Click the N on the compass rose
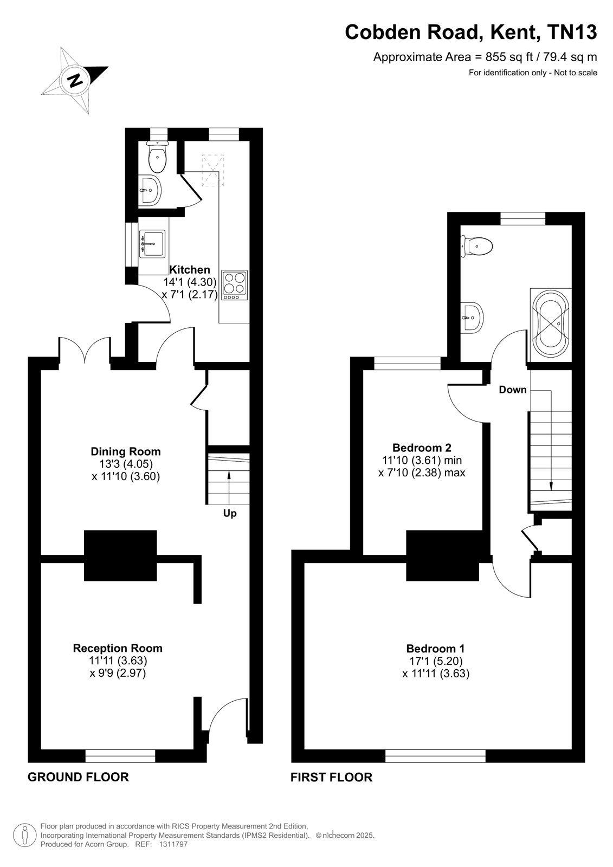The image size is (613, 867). pos(75,80)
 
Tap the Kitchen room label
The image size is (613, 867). pos(190,269)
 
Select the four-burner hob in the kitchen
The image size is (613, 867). pos(234,285)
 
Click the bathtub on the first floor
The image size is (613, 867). pos(550,325)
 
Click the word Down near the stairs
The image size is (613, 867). pos(512,390)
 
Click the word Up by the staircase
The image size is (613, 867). pos(230,514)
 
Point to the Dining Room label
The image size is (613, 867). pos(125,451)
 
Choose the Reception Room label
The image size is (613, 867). pos(118,648)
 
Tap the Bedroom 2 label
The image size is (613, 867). pos(422,448)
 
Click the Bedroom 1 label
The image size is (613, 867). pos(435,649)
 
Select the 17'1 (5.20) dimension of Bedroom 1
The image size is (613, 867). pos(436,661)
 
